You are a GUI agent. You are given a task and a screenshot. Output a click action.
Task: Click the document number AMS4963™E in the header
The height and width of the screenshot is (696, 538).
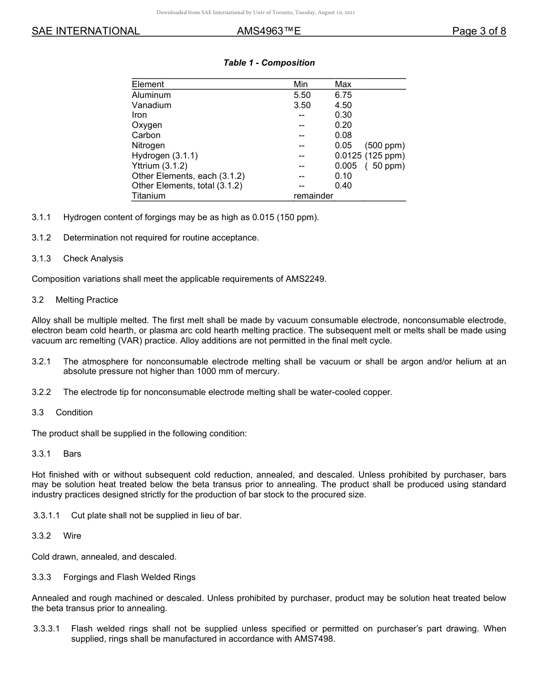268,32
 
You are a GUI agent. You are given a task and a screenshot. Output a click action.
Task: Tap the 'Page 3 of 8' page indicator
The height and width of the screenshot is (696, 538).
479,32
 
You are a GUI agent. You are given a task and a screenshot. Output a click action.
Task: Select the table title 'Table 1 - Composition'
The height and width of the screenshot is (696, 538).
269,63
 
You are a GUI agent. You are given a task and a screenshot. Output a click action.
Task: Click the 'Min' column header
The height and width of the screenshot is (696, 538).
301,85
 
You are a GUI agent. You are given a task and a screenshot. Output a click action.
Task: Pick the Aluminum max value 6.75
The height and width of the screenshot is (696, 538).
343,95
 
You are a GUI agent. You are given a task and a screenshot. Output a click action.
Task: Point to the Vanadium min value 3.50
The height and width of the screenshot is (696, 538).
302,105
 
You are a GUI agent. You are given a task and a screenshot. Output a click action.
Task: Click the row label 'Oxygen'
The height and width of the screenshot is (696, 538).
147,125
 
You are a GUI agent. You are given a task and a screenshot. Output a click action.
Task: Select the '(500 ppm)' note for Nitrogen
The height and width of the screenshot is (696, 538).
385,145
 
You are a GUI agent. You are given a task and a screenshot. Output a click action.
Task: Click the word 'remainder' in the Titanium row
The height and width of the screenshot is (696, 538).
313,196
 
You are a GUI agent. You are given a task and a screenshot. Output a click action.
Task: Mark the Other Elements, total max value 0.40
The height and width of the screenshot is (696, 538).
343,186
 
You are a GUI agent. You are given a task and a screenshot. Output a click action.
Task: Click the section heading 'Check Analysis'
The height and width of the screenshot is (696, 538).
93,259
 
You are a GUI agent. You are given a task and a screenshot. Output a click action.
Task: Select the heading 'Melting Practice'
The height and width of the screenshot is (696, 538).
87,300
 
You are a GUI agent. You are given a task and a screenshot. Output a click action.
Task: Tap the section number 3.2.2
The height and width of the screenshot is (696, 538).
41,392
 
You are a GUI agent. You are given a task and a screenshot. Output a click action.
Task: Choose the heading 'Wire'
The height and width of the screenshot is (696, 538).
72,536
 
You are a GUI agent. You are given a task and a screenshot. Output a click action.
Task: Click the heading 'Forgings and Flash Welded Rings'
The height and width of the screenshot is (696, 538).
129,577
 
